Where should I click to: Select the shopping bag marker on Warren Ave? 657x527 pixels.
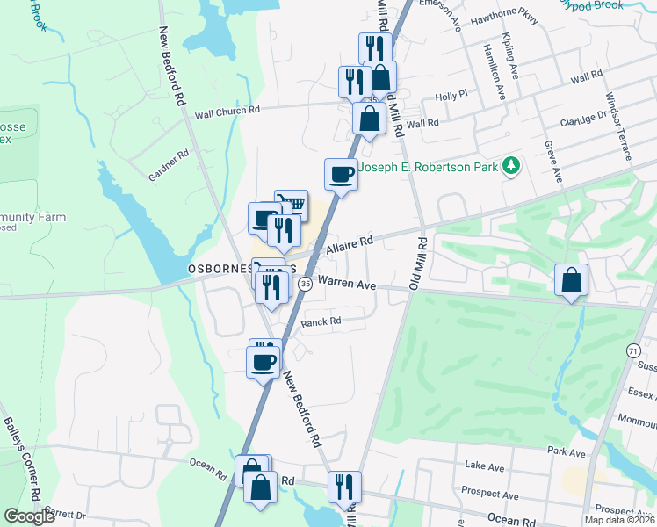pos(571,281)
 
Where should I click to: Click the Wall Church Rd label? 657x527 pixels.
pos(227,112)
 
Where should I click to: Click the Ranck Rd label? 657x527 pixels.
pos(321,322)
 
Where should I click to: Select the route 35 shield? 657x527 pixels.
pos(305,284)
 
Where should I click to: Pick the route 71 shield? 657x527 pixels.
pos(633,350)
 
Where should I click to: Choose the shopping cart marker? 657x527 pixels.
pos(292,206)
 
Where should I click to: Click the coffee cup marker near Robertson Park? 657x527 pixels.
pos(341,174)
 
